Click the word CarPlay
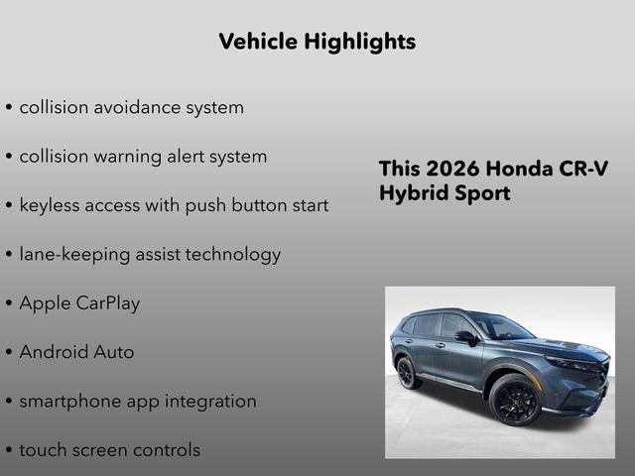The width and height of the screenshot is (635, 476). pos(108,303)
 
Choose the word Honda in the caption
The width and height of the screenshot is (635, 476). pos(522,169)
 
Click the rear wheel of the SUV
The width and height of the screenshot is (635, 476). pos(407,374)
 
